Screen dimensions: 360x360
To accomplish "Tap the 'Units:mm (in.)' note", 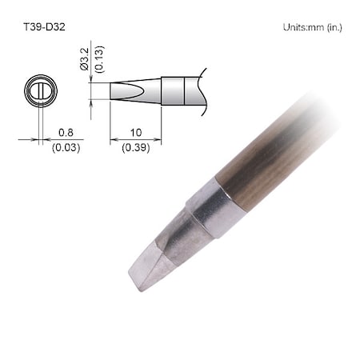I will [x=313, y=27].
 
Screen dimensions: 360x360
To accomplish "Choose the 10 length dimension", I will [x=134, y=134].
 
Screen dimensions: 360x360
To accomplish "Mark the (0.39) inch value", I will [x=134, y=148].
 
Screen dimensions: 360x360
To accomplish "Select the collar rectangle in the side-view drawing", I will [x=179, y=90].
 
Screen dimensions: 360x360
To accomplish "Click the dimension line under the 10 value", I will [x=134, y=141].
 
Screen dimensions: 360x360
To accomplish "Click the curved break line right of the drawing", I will [x=205, y=90].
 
